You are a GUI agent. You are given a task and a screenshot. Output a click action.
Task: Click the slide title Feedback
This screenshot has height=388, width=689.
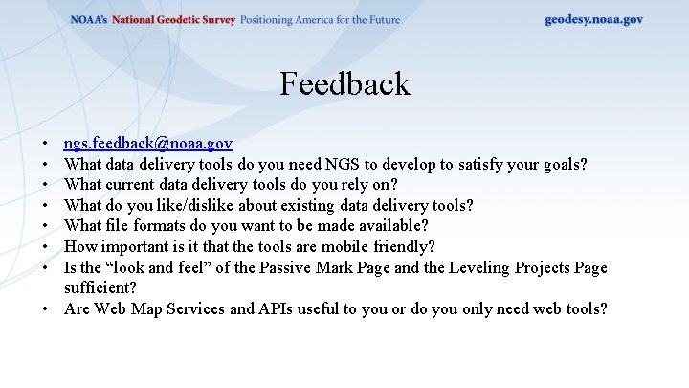(x=344, y=84)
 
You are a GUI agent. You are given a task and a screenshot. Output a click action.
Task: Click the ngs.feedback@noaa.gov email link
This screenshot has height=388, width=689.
(x=148, y=144)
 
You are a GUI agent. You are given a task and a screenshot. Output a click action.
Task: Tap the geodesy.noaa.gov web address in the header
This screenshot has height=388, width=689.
(x=593, y=19)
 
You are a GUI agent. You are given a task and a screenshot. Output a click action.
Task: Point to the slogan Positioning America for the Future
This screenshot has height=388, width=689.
(x=320, y=20)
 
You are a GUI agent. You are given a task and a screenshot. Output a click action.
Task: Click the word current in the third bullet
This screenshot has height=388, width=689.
(x=137, y=184)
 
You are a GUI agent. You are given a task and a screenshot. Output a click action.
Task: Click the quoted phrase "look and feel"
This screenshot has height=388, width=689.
(x=147, y=267)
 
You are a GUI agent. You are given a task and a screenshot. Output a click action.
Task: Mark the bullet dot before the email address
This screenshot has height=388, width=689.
(x=47, y=144)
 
